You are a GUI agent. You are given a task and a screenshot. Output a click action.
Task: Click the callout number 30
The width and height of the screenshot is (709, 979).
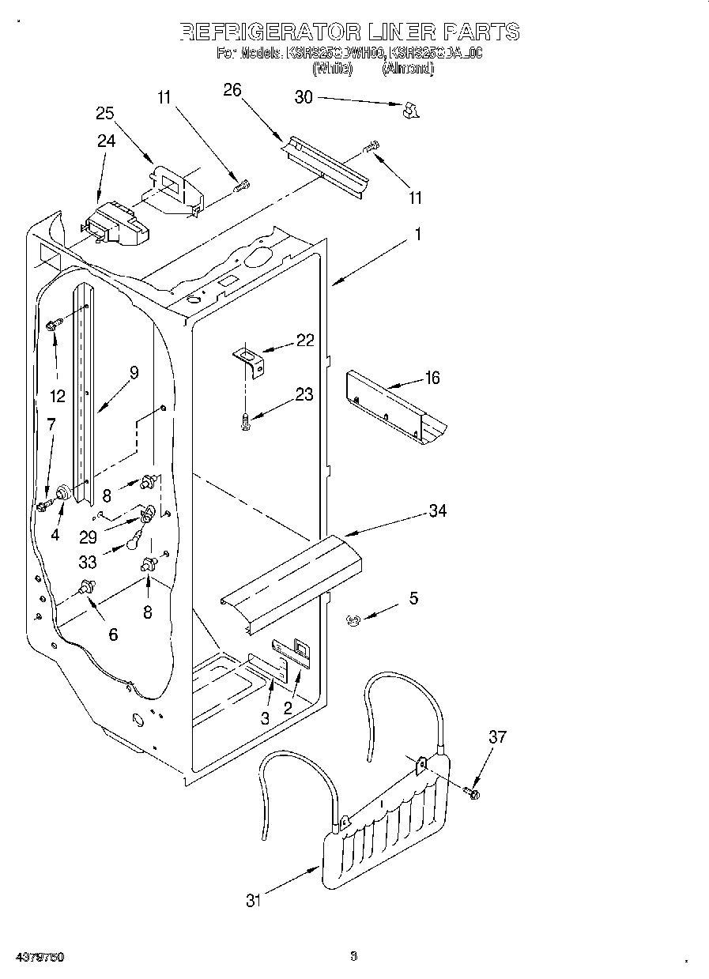[x=304, y=97]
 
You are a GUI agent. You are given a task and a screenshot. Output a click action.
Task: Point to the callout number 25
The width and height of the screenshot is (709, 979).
[x=106, y=113]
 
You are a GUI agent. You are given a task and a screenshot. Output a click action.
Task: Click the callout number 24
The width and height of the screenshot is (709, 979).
[x=106, y=141]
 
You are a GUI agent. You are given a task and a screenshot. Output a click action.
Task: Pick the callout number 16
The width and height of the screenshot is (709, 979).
[x=432, y=378]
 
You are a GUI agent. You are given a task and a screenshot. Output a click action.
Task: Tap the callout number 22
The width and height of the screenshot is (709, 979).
[x=305, y=341]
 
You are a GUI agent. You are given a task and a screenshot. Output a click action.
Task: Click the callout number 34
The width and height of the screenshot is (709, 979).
[x=437, y=511]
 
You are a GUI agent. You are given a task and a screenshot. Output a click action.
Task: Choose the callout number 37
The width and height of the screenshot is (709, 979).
[x=497, y=737]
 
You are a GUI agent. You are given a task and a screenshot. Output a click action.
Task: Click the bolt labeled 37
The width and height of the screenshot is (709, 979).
[x=473, y=792]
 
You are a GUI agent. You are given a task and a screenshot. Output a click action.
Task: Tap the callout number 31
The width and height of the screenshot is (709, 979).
[x=253, y=900]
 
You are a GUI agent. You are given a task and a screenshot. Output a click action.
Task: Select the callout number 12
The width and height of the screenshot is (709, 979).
[x=57, y=396]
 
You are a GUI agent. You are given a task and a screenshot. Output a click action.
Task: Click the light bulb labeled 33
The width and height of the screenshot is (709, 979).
[x=135, y=544]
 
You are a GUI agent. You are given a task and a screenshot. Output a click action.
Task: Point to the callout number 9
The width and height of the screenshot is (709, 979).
[x=134, y=372]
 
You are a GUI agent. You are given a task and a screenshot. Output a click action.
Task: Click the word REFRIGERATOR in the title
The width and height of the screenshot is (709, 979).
[x=268, y=32]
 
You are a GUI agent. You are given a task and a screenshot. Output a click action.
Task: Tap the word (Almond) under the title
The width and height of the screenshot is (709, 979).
[x=408, y=69]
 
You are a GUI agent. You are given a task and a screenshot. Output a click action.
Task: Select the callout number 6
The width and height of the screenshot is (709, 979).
[x=113, y=634]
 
